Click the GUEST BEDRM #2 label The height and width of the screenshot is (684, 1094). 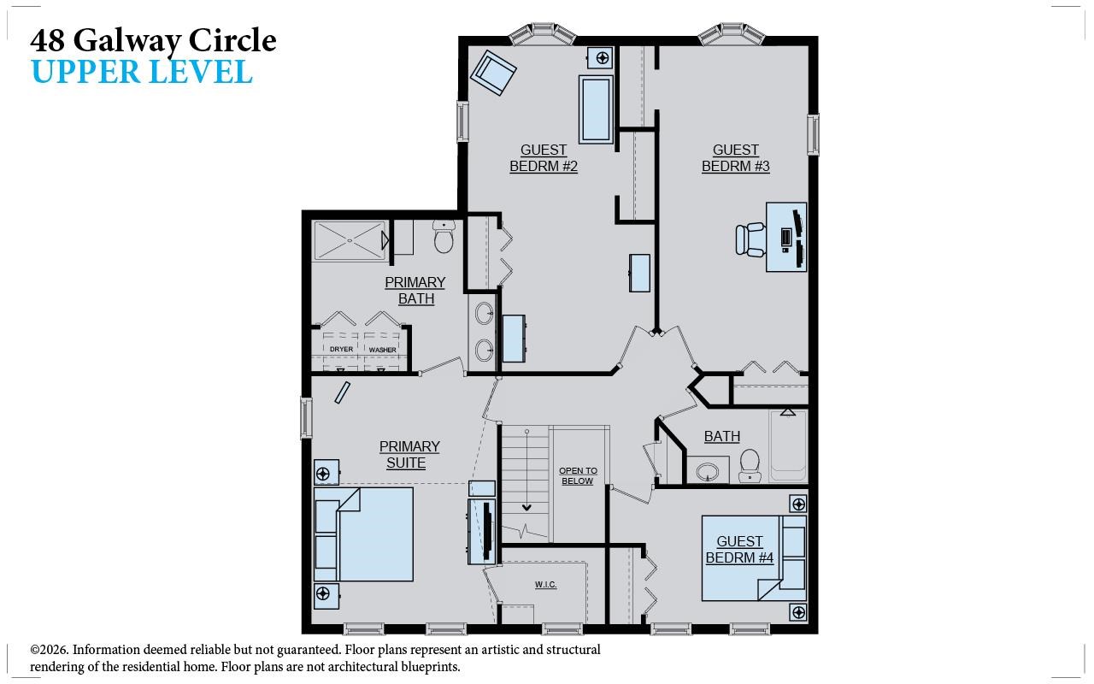[544, 158]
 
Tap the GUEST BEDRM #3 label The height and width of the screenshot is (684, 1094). [735, 158]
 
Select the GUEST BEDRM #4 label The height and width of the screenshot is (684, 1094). [739, 550]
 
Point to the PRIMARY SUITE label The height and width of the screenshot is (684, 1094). [409, 455]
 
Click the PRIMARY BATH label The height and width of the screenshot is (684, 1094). [415, 291]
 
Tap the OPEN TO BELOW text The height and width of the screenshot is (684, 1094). [578, 476]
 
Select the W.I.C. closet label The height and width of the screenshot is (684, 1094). [545, 585]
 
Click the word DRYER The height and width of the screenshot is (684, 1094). [341, 350]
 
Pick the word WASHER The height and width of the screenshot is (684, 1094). [382, 350]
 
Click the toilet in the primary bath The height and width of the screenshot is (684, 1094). [443, 239]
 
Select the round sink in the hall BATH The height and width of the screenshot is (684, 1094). [708, 471]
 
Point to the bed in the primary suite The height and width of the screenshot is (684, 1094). [364, 534]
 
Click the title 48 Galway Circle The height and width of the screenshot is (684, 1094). [154, 40]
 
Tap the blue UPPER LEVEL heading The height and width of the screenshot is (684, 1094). [142, 73]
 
